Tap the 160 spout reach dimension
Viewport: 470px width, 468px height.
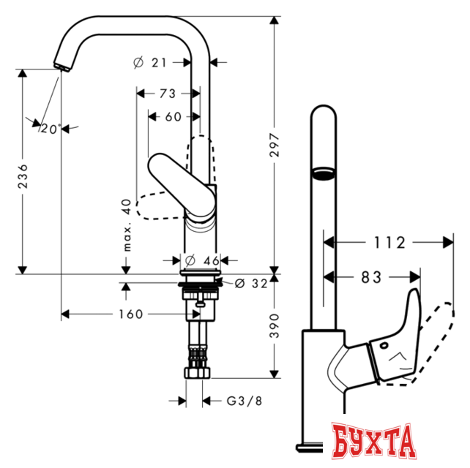tap(129, 314)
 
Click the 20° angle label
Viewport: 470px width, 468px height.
tap(49, 128)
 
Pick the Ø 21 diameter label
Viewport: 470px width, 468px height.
tap(151, 63)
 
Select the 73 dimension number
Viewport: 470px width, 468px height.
tap(168, 93)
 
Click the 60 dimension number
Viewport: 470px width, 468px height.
tap(173, 116)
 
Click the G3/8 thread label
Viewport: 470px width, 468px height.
tap(241, 400)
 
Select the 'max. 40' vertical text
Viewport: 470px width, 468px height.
tap(126, 225)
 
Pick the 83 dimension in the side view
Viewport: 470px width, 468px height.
tap(373, 277)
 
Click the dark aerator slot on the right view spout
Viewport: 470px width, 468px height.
tap(323, 173)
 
